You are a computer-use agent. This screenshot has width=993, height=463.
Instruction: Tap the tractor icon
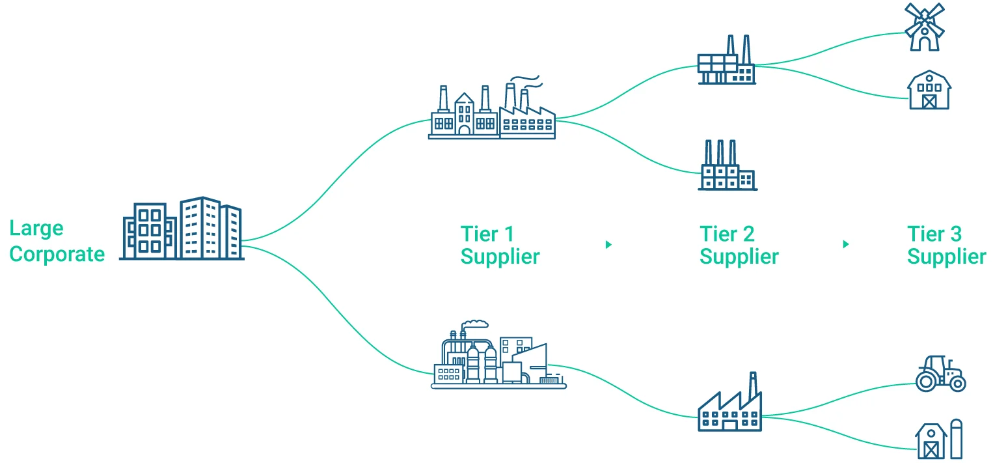940,374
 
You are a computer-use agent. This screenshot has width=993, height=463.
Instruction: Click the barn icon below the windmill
929,91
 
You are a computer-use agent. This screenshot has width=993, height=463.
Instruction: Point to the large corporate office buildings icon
183,229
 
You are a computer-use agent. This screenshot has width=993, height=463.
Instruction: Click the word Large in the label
36,229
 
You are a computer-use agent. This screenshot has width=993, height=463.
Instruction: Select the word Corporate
57,253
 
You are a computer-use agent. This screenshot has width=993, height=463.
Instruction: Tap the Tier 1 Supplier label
500,245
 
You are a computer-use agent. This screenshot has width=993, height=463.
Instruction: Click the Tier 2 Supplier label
739,245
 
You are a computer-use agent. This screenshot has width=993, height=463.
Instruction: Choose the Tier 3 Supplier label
946,245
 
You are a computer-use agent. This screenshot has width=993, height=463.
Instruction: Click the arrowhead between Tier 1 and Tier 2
608,244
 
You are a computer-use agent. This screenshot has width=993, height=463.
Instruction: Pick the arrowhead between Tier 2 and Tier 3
845,244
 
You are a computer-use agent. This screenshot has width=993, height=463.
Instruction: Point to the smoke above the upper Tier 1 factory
530,79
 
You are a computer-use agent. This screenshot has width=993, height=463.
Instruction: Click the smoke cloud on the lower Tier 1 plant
475,324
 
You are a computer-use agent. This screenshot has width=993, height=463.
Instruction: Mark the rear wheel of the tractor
927,380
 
